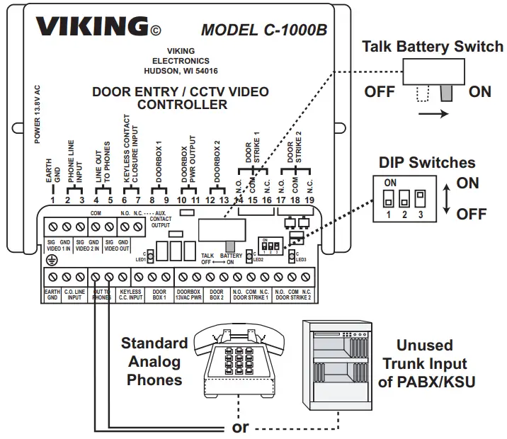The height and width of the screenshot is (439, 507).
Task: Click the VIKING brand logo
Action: pos(91,27)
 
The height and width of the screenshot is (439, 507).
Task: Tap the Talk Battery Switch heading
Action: pos(432,47)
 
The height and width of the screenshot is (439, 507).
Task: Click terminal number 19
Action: pos(309,200)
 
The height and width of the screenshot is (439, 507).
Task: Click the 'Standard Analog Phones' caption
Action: pos(154,361)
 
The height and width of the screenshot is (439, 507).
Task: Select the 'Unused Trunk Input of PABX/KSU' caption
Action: pos(425,364)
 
